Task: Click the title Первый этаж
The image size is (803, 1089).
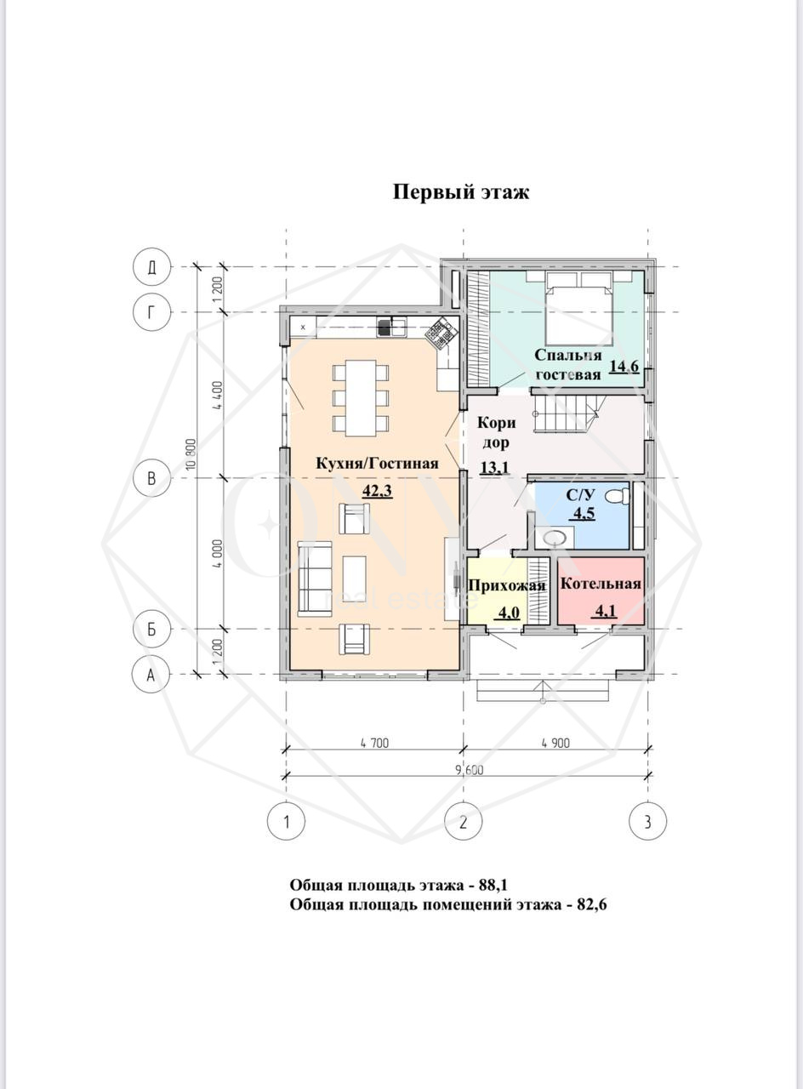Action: pyautogui.click(x=460, y=192)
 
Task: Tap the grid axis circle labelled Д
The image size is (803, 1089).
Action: pyautogui.click(x=152, y=267)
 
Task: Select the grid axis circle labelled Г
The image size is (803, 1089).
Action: pyautogui.click(x=152, y=311)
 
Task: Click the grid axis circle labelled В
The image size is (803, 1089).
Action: pyautogui.click(x=152, y=478)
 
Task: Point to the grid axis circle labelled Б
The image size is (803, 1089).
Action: pyautogui.click(x=152, y=629)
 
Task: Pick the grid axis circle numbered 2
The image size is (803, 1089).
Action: pyautogui.click(x=464, y=822)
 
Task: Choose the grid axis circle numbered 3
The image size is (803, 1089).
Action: pyautogui.click(x=647, y=822)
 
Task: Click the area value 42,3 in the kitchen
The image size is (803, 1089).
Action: pyautogui.click(x=377, y=492)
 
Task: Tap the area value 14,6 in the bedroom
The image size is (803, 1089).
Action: pyautogui.click(x=624, y=366)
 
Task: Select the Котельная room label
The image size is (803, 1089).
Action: pyautogui.click(x=601, y=584)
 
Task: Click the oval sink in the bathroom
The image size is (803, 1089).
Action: pyautogui.click(x=554, y=537)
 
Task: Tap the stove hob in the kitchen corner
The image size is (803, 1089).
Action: pyautogui.click(x=441, y=333)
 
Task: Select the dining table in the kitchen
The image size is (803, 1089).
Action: pyautogui.click(x=361, y=398)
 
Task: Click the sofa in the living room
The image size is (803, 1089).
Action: pyautogui.click(x=315, y=579)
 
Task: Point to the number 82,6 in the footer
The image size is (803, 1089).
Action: pyautogui.click(x=591, y=904)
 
